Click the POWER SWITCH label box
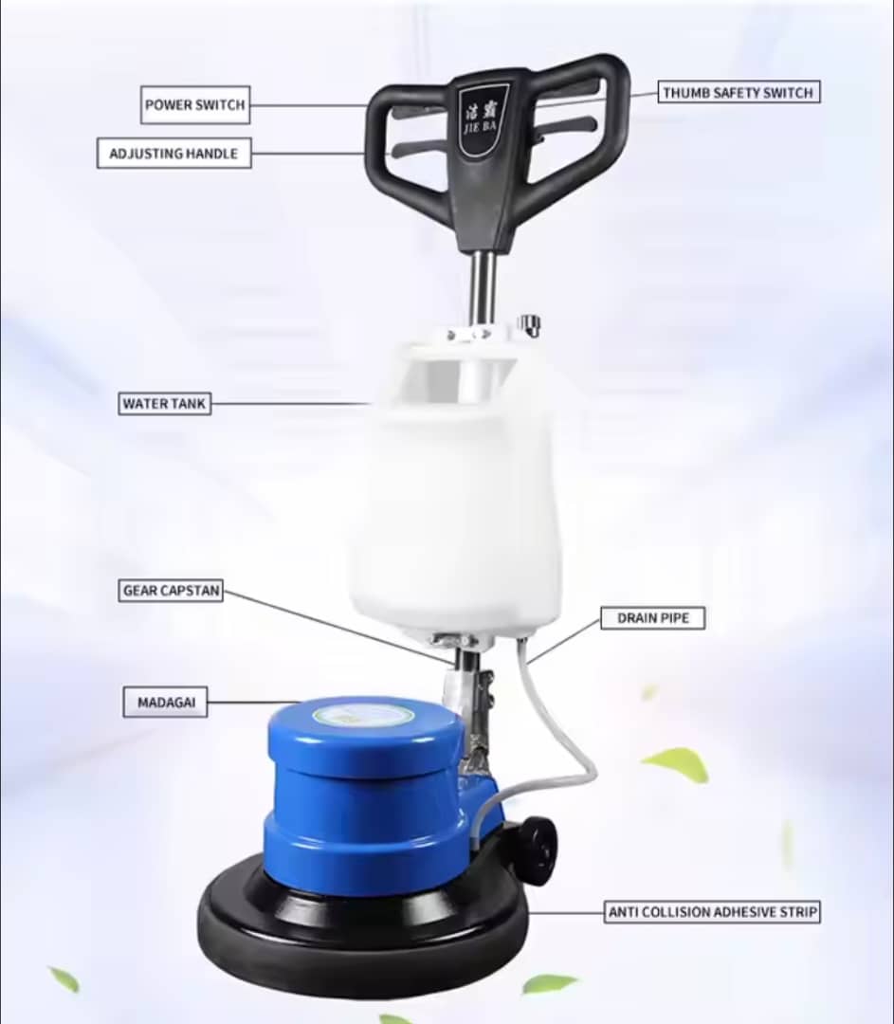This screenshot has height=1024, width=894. click(x=195, y=104)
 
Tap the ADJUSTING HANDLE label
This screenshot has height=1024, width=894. click(x=173, y=154)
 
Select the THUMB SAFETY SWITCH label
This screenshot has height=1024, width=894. click(x=739, y=93)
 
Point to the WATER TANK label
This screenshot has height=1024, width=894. click(x=165, y=404)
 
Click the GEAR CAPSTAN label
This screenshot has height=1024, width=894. click(x=171, y=591)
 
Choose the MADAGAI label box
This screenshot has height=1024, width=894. click(x=166, y=702)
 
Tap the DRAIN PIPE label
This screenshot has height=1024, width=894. click(x=653, y=618)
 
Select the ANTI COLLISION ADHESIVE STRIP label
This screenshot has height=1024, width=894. click(x=713, y=912)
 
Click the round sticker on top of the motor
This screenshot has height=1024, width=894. click(x=363, y=715)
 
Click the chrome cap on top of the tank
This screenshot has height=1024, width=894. click(x=529, y=324)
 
